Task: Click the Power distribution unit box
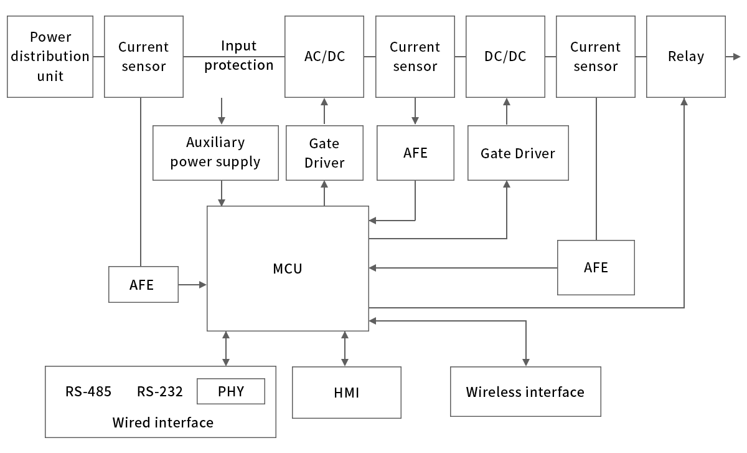(x=50, y=57)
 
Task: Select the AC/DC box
(x=324, y=57)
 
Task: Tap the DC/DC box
(x=505, y=57)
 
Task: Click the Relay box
(x=685, y=57)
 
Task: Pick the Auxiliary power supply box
(x=215, y=153)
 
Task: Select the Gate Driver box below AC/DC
(x=324, y=153)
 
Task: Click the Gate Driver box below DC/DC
(x=518, y=153)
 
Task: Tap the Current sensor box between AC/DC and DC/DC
(x=415, y=57)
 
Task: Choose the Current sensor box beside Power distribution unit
(x=144, y=57)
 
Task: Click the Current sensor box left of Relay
(x=595, y=57)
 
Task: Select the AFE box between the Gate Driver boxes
(x=415, y=153)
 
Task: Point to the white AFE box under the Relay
(x=596, y=267)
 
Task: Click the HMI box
(x=346, y=393)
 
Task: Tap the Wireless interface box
(x=525, y=391)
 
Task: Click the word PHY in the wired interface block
(x=231, y=391)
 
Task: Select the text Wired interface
(x=162, y=422)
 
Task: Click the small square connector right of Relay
(x=737, y=56)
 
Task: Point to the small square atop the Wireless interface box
(x=525, y=362)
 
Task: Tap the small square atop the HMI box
(x=344, y=362)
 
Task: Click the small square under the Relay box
(x=684, y=101)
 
